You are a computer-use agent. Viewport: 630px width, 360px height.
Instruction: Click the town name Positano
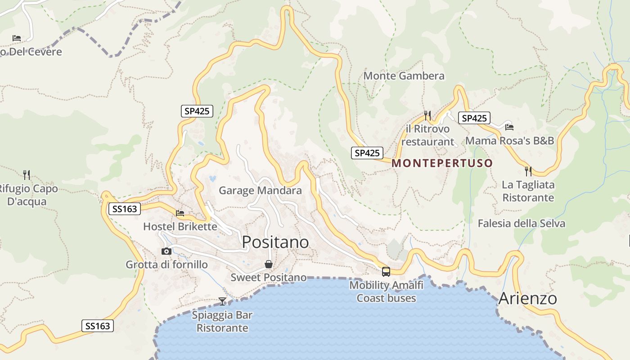pos(275,242)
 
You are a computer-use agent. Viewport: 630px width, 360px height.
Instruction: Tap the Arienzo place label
pos(527,298)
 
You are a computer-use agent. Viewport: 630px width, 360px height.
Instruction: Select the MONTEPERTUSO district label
pos(442,163)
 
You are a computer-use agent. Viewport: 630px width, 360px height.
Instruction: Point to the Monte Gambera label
pos(404,76)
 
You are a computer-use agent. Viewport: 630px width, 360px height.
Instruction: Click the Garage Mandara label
pos(260,190)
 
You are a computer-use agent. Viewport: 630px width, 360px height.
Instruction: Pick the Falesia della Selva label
pos(521,223)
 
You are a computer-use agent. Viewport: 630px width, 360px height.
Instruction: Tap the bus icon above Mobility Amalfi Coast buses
pos(386,271)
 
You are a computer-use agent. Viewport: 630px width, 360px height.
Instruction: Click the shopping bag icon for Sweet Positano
pos(269,264)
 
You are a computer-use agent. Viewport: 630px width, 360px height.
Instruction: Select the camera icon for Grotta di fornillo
pos(166,251)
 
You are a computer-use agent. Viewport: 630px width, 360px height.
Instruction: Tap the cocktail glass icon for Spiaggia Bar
pos(222,301)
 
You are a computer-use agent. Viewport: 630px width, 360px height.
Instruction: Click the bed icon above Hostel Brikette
pos(180,213)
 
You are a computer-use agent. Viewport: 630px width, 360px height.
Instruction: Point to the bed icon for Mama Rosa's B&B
pos(509,127)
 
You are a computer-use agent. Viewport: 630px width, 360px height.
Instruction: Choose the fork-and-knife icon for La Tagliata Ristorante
pos(528,171)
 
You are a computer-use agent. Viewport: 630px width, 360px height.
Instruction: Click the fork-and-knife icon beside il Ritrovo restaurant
pos(427,116)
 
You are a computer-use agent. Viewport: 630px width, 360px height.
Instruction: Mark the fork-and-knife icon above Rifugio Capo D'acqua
pos(27,175)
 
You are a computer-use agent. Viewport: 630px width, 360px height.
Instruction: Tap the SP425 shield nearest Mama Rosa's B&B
pos(474,118)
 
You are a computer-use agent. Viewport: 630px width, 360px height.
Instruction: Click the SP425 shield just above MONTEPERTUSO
pos(367,153)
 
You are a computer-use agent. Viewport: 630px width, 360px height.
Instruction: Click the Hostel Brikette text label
pos(180,226)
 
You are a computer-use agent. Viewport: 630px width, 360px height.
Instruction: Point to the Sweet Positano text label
pos(269,277)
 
